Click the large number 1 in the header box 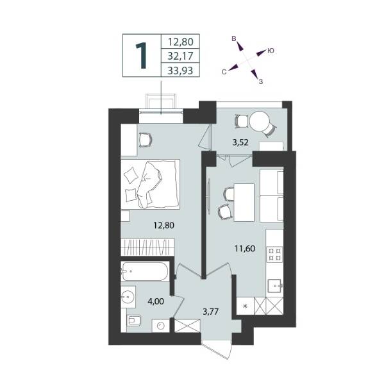pos(141,56)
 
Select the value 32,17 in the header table pos(180,56)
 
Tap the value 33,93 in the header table pos(180,71)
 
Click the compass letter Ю pos(271,51)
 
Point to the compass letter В pos(234,38)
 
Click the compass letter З pos(260,81)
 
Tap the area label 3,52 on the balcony pos(240,142)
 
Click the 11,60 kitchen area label pos(245,248)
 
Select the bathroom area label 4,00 pos(156,301)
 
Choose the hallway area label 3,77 pos(210,312)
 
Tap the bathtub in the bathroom pos(145,271)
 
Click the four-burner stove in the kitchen pos(274,255)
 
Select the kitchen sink pos(275,286)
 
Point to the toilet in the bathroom pos(133,320)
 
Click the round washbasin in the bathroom pos(128,297)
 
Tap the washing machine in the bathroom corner pos(161,326)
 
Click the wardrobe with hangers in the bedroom pos(147,247)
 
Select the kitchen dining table pos(244,203)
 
